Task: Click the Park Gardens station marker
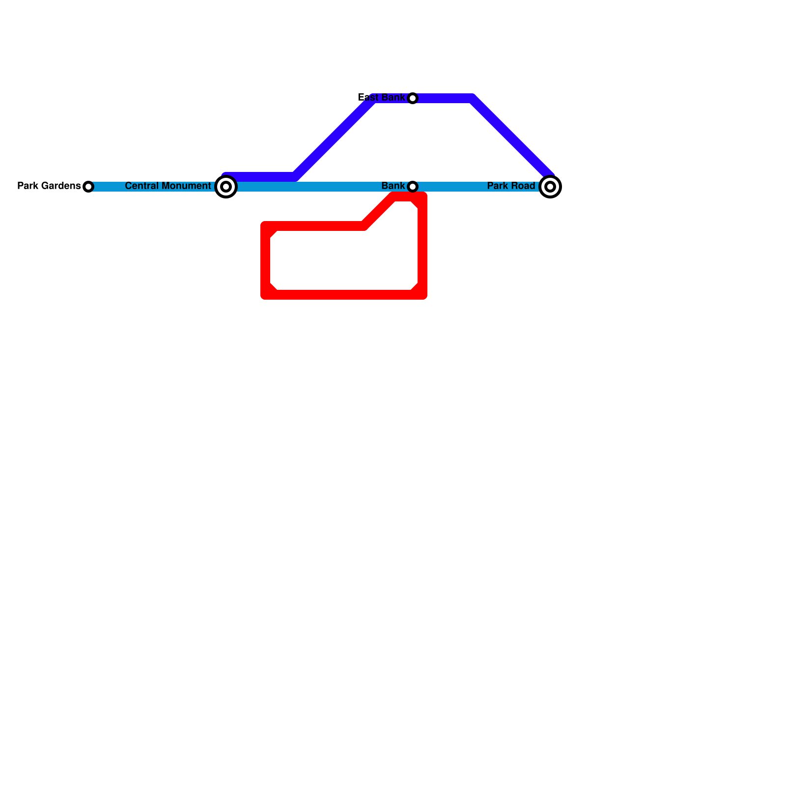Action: coord(88,187)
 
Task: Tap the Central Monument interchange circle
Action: coord(226,187)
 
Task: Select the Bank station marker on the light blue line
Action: coord(413,187)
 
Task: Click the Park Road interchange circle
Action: coord(550,187)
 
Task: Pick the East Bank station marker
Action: coord(413,98)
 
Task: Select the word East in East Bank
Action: coord(367,97)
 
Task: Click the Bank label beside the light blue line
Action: coord(393,186)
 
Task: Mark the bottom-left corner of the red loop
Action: coord(266,294)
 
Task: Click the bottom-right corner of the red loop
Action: coord(422,294)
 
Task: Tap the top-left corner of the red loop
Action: coord(266,226)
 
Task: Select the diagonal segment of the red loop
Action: coord(379,211)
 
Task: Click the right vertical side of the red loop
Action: coord(422,246)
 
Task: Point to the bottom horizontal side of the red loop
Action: coord(344,295)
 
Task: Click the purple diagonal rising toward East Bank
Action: coord(334,138)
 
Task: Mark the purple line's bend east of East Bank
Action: coord(472,98)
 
